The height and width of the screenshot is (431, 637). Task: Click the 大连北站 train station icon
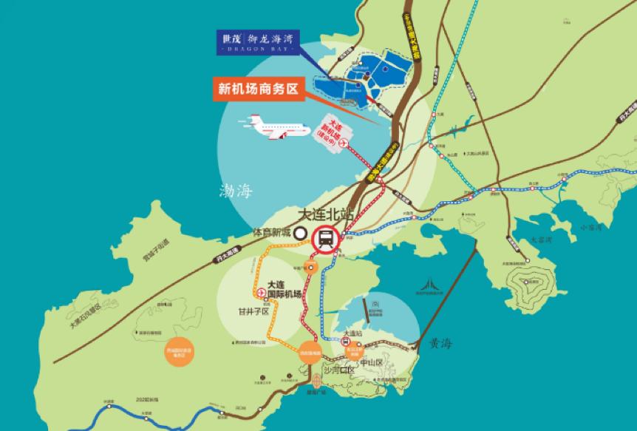[x=325, y=239]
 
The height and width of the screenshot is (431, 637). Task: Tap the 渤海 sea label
[x=236, y=191]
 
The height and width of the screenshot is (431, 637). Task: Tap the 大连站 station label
[x=352, y=334]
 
